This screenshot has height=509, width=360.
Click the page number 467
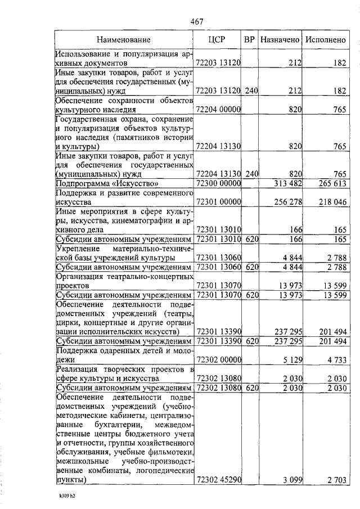(x=196, y=21)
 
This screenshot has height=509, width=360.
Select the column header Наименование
(x=123, y=40)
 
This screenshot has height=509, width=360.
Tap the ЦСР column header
(x=217, y=40)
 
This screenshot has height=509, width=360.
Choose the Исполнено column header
(x=325, y=40)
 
